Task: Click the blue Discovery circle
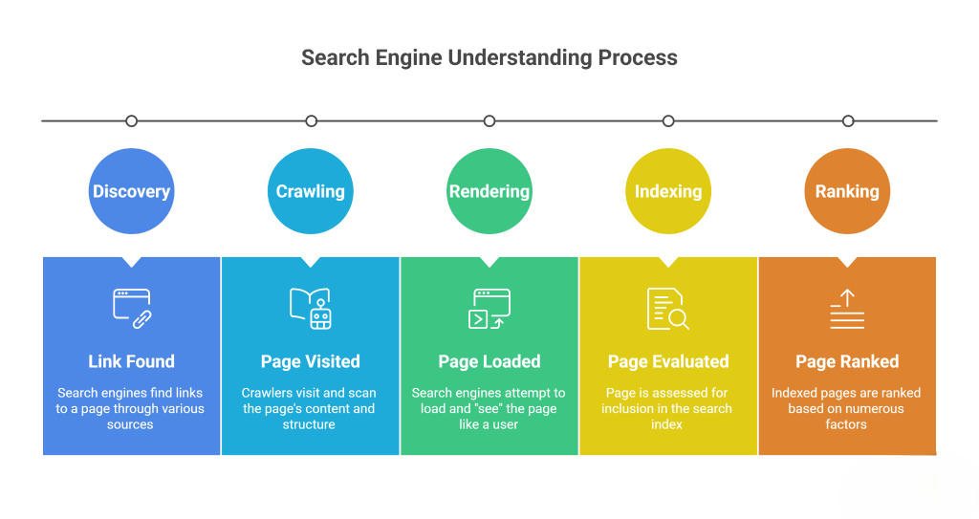[131, 191]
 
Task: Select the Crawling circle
[310, 191]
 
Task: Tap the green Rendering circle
[489, 191]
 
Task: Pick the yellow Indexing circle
[668, 191]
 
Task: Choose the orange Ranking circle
[847, 191]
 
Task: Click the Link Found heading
[131, 361]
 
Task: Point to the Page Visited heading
[310, 361]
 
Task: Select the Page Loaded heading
[489, 361]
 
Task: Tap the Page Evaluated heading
[668, 361]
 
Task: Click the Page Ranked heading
[847, 361]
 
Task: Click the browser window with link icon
[132, 308]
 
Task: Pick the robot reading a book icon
[310, 308]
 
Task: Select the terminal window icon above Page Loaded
[489, 308]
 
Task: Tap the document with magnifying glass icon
[668, 308]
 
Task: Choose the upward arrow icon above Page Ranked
[847, 308]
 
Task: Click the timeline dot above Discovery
[132, 120]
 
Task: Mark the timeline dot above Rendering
[489, 120]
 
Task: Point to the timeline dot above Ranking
[848, 120]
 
